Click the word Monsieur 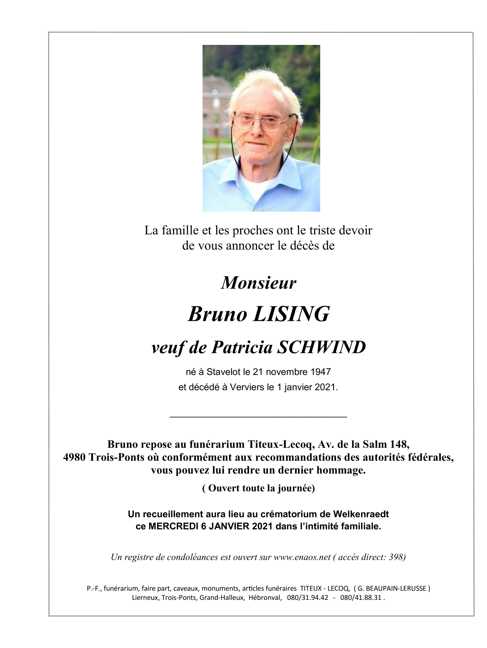[258, 283]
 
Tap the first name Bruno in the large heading [217, 314]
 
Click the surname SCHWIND [321, 347]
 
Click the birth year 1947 [321, 372]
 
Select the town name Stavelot [223, 372]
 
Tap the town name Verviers [247, 387]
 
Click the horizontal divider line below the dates [258, 417]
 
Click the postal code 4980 [74, 457]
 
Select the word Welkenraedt [361, 514]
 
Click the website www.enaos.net [302, 557]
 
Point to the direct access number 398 [396, 557]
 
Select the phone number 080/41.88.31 [361, 598]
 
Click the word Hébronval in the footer [265, 598]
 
